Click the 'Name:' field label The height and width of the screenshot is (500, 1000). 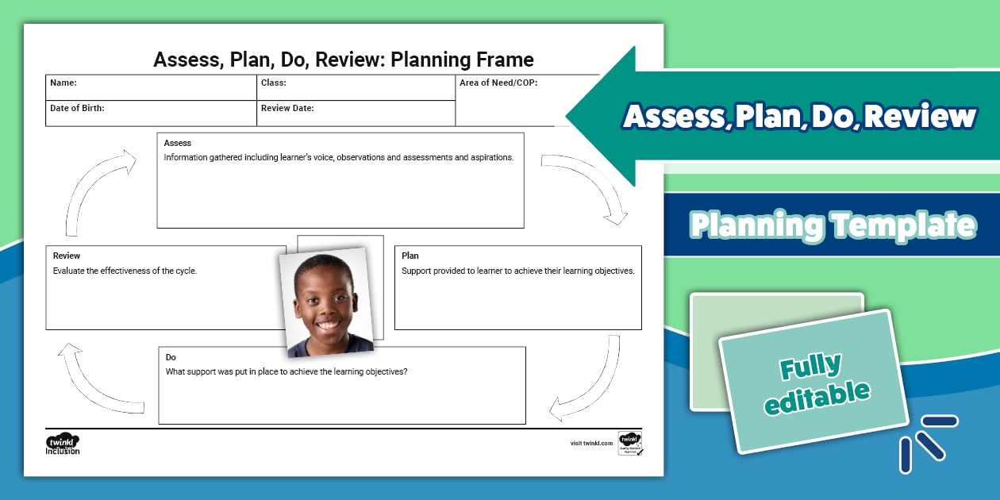(63, 83)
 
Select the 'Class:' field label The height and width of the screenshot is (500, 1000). (274, 83)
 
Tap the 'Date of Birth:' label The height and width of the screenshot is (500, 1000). (77, 108)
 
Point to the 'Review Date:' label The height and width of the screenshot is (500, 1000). (287, 108)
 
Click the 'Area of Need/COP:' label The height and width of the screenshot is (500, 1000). (498, 83)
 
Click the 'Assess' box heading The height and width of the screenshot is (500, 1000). (178, 143)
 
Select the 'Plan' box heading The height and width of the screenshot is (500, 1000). (410, 256)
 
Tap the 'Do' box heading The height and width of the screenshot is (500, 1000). (171, 357)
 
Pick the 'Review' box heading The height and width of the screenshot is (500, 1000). (67, 256)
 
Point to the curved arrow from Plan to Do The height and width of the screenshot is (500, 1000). (591, 381)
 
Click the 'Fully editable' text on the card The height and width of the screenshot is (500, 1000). (816, 385)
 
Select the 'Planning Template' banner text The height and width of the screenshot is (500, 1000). (833, 225)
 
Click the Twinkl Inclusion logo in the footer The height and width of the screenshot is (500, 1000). (63, 444)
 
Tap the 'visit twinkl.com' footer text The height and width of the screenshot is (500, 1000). (591, 444)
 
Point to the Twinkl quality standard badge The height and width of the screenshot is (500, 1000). (630, 444)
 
